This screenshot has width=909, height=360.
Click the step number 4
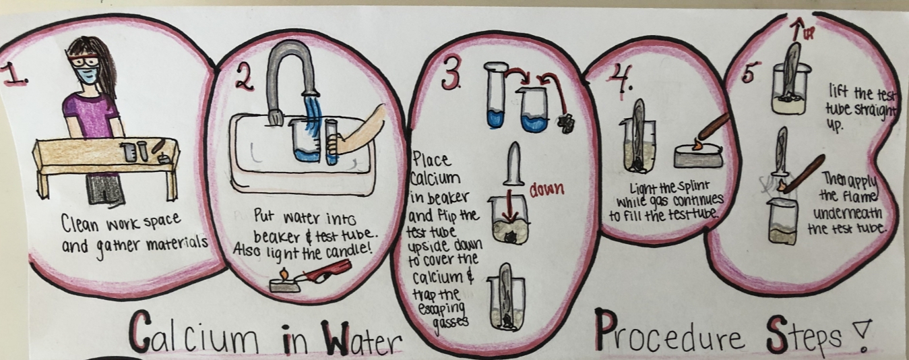619,80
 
